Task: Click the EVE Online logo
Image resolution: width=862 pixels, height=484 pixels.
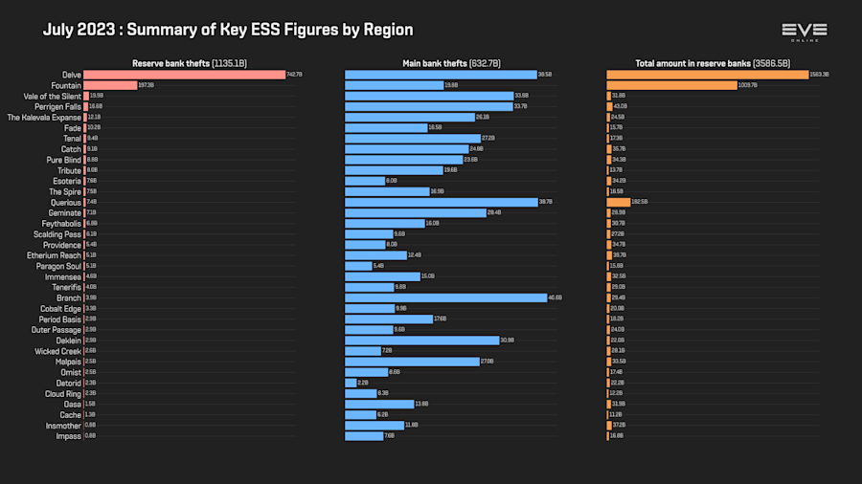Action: pyautogui.click(x=804, y=32)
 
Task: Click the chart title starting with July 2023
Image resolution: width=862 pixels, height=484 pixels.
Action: pyautogui.click(x=227, y=30)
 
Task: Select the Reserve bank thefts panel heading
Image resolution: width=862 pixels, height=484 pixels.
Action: pyautogui.click(x=190, y=63)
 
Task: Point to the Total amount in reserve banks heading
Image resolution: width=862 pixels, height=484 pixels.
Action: pyautogui.click(x=713, y=63)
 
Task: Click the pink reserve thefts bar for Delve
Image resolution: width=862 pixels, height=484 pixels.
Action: pyautogui.click(x=184, y=75)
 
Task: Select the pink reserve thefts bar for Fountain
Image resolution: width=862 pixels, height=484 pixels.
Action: pyautogui.click(x=110, y=85)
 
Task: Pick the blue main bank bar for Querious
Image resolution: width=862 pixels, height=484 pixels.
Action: pyautogui.click(x=441, y=202)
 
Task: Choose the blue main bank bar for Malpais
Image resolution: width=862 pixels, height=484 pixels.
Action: pyautogui.click(x=412, y=362)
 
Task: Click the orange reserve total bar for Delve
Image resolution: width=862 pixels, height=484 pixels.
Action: pyautogui.click(x=707, y=75)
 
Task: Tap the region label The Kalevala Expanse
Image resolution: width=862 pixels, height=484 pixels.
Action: pyautogui.click(x=44, y=117)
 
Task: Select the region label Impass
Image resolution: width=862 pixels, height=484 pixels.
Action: pyautogui.click(x=69, y=436)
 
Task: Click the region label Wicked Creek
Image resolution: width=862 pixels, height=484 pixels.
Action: pyautogui.click(x=57, y=351)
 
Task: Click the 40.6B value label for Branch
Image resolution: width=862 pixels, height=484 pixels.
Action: pyautogui.click(x=555, y=297)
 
